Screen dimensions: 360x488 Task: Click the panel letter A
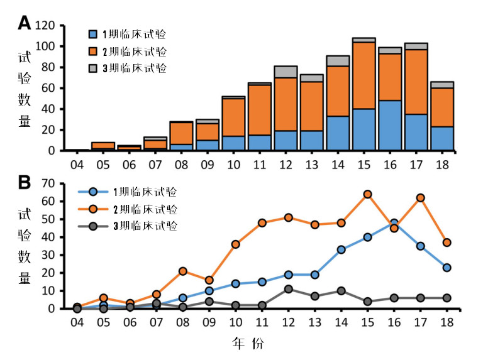[x=24, y=23]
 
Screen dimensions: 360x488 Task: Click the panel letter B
[x=24, y=183]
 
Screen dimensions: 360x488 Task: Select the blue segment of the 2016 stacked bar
[x=390, y=126]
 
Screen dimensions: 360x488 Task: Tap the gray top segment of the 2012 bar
[x=286, y=72]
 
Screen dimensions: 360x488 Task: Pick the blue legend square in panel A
[x=94, y=34]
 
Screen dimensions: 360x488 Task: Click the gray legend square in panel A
[x=94, y=67]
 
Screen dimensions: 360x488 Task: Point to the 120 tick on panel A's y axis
[x=50, y=26]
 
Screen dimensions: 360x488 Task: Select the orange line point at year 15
[x=368, y=194]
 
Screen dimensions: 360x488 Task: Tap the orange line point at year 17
[x=420, y=198]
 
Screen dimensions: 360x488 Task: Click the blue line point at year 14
[x=341, y=249]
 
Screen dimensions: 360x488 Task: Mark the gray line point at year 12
[x=289, y=289]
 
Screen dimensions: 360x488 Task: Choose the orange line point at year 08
[x=183, y=271]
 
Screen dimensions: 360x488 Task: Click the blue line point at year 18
[x=446, y=268]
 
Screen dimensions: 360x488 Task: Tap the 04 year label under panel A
[x=77, y=164]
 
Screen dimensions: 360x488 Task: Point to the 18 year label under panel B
[x=446, y=322]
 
